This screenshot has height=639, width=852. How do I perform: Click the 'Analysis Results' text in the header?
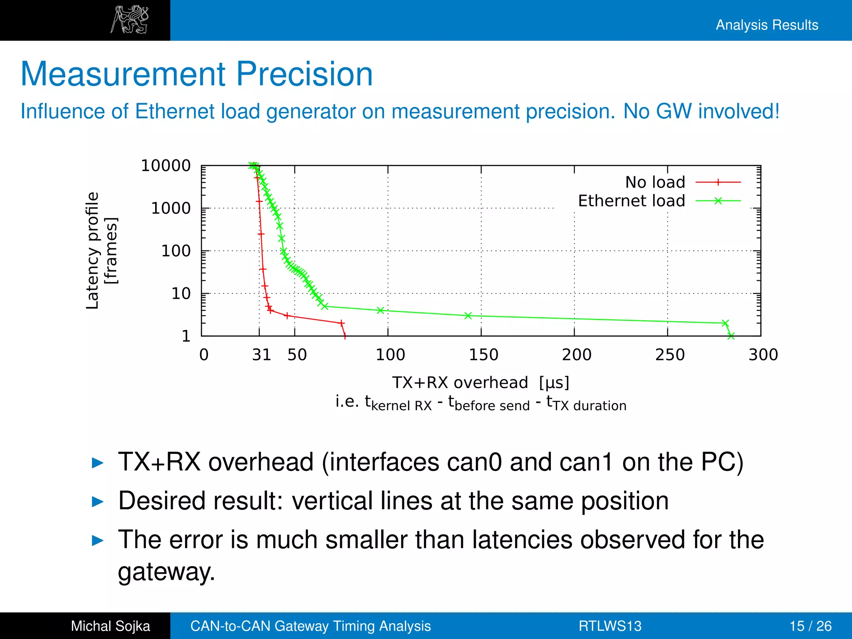click(x=767, y=25)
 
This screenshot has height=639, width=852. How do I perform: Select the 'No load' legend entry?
click(x=655, y=182)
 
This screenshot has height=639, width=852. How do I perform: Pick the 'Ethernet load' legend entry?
click(x=632, y=201)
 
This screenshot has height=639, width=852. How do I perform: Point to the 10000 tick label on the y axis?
click(x=166, y=166)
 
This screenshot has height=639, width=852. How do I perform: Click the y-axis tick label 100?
click(x=176, y=251)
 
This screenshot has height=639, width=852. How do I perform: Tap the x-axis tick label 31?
click(x=262, y=355)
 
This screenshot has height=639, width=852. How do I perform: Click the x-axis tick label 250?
click(x=670, y=355)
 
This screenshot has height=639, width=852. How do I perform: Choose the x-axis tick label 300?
click(x=763, y=355)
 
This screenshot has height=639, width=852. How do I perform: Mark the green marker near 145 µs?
click(x=468, y=316)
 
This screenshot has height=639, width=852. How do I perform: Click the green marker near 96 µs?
click(x=380, y=310)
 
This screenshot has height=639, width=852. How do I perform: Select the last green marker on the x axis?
click(x=731, y=336)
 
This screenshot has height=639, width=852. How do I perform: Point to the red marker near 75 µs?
click(x=342, y=323)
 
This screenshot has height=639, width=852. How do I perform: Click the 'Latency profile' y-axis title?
click(x=93, y=250)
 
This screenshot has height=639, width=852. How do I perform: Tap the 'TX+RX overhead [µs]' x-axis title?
click(x=480, y=382)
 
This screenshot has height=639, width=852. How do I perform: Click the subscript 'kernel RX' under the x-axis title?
click(x=401, y=406)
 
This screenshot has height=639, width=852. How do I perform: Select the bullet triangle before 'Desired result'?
click(x=97, y=502)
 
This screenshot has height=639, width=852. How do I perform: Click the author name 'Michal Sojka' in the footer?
click(x=110, y=626)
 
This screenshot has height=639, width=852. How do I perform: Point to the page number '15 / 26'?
click(x=810, y=626)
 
